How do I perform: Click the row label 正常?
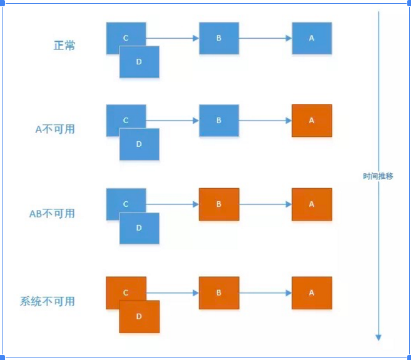point(64,46)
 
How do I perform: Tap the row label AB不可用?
point(52,214)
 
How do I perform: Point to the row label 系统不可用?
point(48,301)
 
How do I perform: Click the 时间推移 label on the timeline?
point(378,176)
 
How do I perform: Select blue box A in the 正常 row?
point(312,38)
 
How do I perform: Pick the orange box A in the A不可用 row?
point(312,121)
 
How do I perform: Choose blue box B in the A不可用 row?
point(219,121)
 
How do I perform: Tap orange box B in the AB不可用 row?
point(219,204)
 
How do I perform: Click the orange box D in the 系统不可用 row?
point(140,317)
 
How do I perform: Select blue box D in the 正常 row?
point(140,62)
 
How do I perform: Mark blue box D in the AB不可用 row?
point(140,229)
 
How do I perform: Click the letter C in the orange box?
point(126,292)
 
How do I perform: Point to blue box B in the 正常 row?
point(219,38)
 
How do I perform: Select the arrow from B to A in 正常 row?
point(265,38)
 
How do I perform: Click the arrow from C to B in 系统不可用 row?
point(173,292)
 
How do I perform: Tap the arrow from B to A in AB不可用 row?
point(265,204)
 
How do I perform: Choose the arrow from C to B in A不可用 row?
point(173,121)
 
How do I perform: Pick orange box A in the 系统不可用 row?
point(312,292)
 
